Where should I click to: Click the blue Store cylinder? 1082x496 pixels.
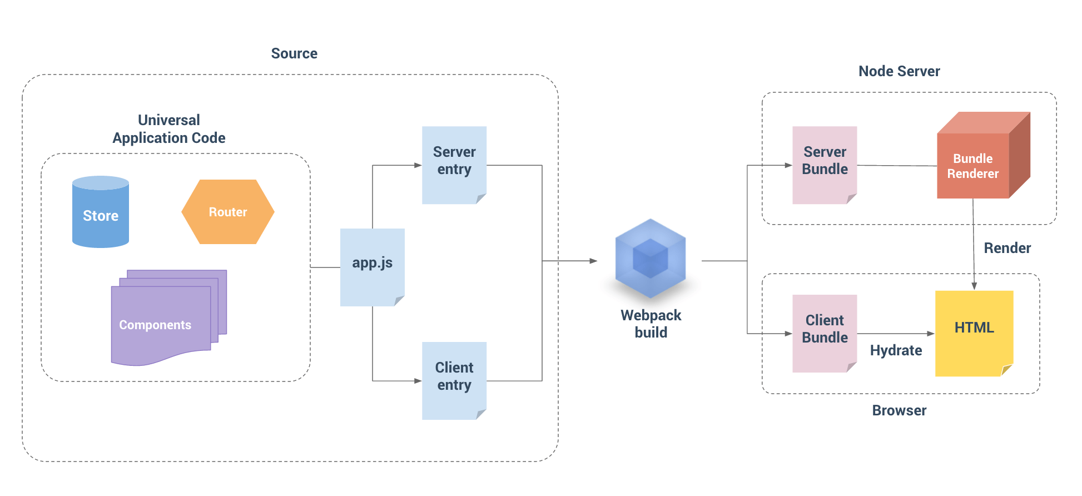pyautogui.click(x=101, y=214)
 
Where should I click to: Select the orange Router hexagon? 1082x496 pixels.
pyautogui.click(x=228, y=212)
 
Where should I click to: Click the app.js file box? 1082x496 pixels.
pyautogui.click(x=372, y=266)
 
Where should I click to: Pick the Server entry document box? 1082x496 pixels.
pyautogui.click(x=454, y=164)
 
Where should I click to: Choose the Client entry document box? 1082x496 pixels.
pyautogui.click(x=454, y=380)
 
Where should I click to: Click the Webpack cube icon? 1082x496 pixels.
pyautogui.click(x=650, y=259)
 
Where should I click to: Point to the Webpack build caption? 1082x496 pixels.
pyautogui.click(x=651, y=324)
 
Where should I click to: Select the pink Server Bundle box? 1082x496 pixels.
pyautogui.click(x=825, y=164)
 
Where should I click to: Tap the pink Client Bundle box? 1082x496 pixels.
pyautogui.click(x=825, y=333)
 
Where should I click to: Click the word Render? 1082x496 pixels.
pyautogui.click(x=1007, y=248)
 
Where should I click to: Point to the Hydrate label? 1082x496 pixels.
pyautogui.click(x=896, y=350)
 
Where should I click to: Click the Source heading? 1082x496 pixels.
pyautogui.click(x=294, y=53)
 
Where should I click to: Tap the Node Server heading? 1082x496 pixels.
pyautogui.click(x=899, y=71)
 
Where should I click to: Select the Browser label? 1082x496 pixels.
pyautogui.click(x=899, y=410)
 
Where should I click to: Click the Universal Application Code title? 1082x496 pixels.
pyautogui.click(x=169, y=129)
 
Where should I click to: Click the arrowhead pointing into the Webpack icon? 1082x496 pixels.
pyautogui.click(x=593, y=261)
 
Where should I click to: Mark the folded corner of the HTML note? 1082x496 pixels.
pyautogui.click(x=1006, y=370)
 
